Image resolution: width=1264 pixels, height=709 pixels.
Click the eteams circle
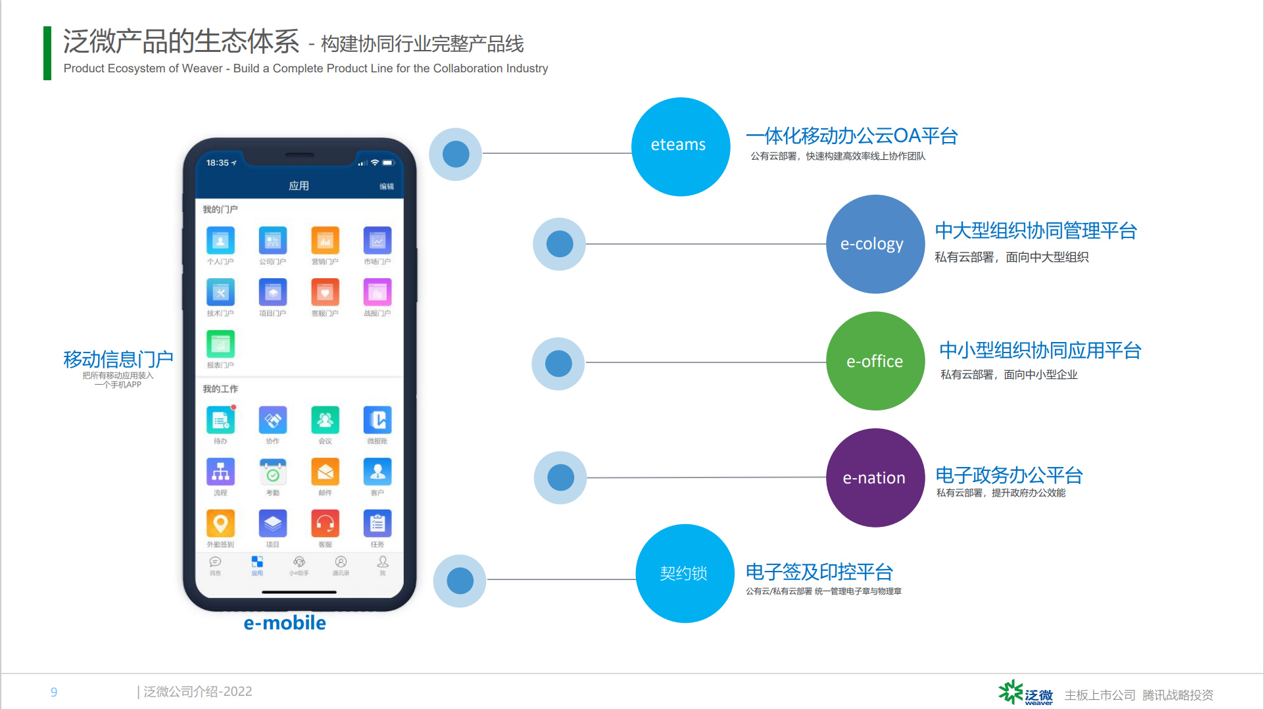coord(681,147)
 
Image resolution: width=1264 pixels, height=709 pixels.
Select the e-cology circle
coord(875,244)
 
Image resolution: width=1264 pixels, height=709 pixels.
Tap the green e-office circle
coord(875,361)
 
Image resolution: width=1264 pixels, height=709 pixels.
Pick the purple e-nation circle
coord(875,477)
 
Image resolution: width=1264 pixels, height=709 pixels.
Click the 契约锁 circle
coord(685,574)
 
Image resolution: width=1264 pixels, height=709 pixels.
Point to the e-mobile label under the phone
coord(285,623)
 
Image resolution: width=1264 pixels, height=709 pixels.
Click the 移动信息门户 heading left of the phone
coord(118,359)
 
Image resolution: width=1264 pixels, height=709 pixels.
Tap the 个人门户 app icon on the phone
coord(220,241)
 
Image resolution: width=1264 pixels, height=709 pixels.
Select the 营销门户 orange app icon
coord(325,241)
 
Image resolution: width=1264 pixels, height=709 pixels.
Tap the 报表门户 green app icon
coord(220,344)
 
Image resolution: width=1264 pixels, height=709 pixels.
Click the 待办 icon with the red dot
coord(220,420)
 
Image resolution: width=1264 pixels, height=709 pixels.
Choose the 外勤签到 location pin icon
coord(220,524)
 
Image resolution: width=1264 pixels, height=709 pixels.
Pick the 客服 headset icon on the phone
coord(325,524)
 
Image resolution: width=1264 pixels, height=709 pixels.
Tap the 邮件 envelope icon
coord(325,472)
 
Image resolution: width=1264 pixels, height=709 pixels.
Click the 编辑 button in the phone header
coord(387,187)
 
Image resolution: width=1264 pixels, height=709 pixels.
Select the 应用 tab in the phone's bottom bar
coord(257,565)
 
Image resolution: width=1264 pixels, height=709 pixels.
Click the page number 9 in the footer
coord(54,692)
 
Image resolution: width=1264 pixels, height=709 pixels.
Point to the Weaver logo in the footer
coord(1025,693)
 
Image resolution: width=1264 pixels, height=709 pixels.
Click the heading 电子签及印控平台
coord(819,572)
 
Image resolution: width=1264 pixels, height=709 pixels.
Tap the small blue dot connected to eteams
coord(456,155)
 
